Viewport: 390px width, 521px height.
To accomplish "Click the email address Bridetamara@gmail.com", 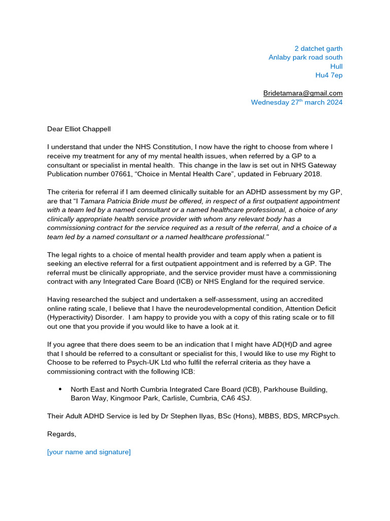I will [303, 93].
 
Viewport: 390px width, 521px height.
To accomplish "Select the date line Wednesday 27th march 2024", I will [297, 102].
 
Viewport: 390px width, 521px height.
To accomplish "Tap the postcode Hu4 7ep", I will [329, 75].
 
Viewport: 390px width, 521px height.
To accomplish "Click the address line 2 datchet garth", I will [316, 48].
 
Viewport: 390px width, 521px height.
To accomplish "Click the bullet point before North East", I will [60, 389].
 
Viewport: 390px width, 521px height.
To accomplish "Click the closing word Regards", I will [61, 434].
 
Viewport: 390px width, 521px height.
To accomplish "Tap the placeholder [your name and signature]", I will [89, 452].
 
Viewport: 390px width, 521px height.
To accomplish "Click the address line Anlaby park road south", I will [305, 57].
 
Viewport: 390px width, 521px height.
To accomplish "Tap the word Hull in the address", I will [336, 66].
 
